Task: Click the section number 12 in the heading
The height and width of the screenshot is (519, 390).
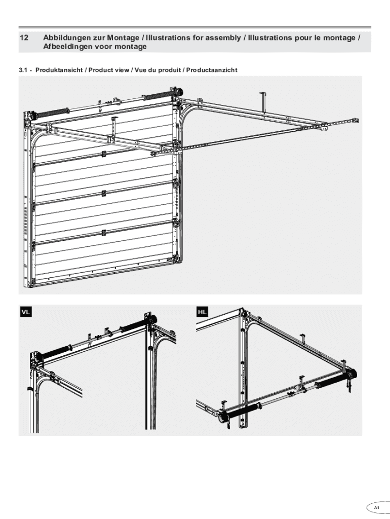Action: point(24,38)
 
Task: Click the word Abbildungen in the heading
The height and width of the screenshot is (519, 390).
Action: point(65,38)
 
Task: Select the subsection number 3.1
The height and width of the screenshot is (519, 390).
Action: point(22,70)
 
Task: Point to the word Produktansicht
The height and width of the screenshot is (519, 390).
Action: point(59,70)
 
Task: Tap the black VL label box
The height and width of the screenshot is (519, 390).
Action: point(26,312)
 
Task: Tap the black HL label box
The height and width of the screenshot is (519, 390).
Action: point(202,312)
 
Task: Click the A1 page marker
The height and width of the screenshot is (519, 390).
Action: point(376,507)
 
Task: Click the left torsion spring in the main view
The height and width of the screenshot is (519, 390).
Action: point(53,113)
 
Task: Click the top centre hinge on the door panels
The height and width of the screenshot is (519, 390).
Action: point(104,154)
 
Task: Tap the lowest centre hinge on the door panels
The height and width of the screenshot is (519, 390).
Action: point(104,233)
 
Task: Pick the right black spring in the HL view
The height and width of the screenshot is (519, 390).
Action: point(331,381)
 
